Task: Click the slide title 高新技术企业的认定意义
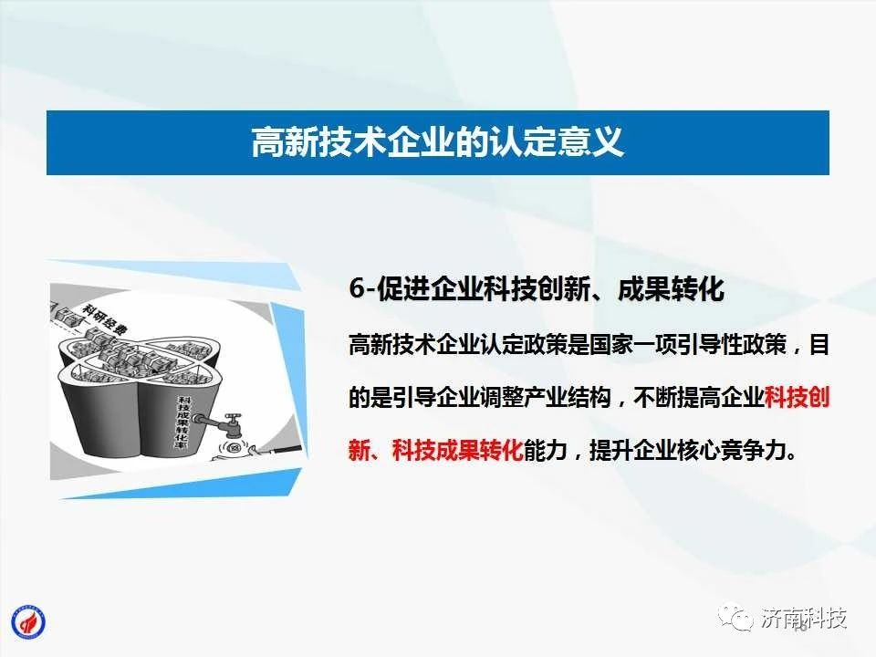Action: coord(437,142)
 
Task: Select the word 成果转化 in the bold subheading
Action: coord(671,289)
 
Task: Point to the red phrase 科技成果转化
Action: coord(457,450)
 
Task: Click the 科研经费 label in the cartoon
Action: coord(104,318)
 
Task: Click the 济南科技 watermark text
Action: coord(803,618)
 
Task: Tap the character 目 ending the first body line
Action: coord(819,345)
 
